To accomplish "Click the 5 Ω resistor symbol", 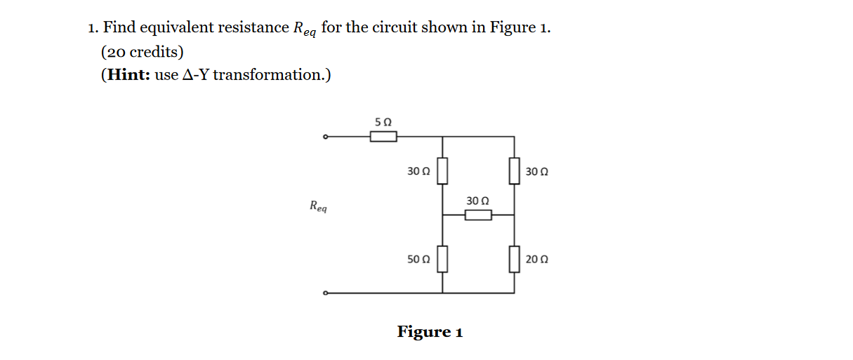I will coord(383,137).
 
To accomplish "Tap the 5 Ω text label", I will coord(383,121).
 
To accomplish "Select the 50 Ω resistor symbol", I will coord(443,258).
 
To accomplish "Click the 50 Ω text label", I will coord(418,259).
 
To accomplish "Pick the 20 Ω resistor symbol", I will coord(515,258).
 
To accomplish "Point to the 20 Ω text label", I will coord(536,259).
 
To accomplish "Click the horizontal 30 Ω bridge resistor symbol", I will coord(478,215).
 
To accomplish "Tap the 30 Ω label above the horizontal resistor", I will coord(477,201).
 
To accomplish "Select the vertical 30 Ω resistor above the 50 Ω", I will coord(443,171).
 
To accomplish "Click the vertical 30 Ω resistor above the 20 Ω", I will coord(515,171).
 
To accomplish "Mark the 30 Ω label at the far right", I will coord(536,171).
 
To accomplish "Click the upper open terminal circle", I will coord(324,137).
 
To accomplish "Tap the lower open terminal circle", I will coord(324,293).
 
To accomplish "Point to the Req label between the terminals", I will coord(317,206).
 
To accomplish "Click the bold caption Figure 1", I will coord(430,331).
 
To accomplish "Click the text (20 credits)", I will coord(142,51).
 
